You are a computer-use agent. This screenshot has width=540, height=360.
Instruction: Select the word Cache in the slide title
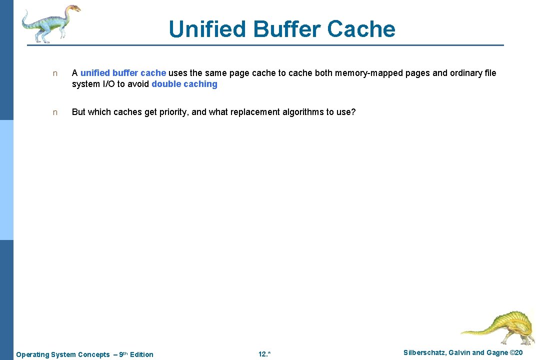361,29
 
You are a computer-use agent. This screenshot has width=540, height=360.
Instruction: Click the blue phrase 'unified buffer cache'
123,73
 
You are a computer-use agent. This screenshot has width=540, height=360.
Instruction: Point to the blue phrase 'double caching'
184,84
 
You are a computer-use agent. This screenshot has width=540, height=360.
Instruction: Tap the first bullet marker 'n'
55,73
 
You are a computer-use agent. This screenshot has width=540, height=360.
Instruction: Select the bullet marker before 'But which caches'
55,112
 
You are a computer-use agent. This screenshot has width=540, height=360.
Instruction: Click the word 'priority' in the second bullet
173,112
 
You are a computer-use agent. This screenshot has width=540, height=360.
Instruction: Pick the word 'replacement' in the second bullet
255,112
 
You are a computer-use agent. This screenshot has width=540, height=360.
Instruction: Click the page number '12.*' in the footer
264,354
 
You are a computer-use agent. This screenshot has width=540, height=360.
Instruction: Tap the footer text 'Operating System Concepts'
63,354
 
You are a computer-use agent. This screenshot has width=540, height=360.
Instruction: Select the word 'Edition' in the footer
141,354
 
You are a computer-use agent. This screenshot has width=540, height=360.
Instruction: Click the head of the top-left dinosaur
73,8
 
